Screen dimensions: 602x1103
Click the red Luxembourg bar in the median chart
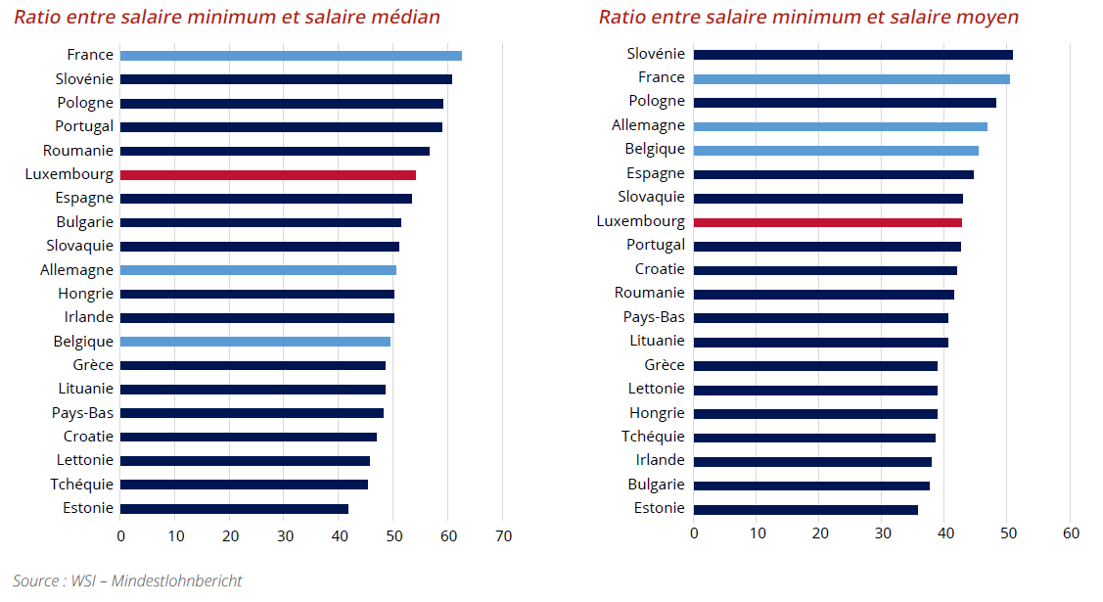coord(267,175)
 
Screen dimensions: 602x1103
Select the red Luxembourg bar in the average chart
coord(827,222)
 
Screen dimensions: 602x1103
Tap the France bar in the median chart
coord(291,56)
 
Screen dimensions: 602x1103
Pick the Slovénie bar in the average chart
coord(852,55)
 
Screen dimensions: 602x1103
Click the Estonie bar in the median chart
coord(234,509)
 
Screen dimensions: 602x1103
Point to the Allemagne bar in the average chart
coord(840,126)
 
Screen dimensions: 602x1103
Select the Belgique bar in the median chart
coord(255,342)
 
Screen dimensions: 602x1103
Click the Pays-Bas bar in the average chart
coord(820,318)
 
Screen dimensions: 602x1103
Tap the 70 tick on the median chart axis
coord(503,535)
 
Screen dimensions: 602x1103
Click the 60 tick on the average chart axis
coord(1071,533)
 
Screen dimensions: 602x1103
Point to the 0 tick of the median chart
coord(120,535)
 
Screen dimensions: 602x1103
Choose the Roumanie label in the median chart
coord(78,151)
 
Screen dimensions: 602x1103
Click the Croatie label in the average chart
coord(660,269)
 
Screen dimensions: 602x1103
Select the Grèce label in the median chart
coord(93,365)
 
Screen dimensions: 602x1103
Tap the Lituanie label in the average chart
coord(657,342)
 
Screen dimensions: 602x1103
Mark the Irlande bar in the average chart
coord(812,461)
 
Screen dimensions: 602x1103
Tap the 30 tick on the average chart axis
coord(883,533)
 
